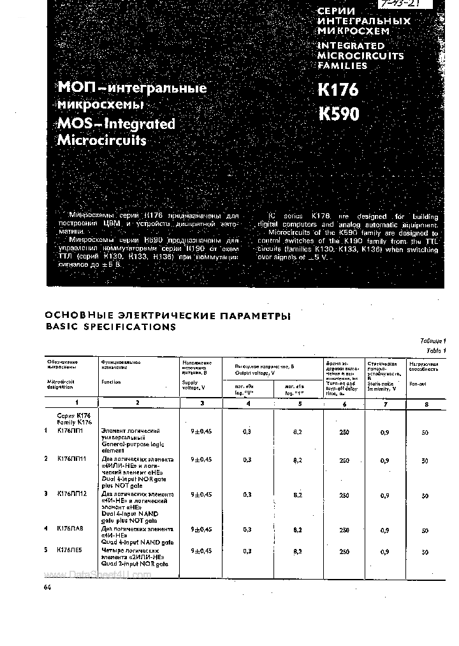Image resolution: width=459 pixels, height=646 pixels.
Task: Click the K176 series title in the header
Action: [338, 90]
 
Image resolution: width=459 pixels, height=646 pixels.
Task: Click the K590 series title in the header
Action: [339, 114]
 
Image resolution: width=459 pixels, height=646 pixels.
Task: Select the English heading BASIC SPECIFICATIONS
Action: [111, 327]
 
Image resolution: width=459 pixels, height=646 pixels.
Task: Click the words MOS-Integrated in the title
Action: [116, 123]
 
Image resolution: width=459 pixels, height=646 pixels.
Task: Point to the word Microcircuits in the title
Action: [102, 140]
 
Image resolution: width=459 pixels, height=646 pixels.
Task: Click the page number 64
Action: [47, 587]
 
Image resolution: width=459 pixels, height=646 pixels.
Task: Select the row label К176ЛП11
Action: [72, 459]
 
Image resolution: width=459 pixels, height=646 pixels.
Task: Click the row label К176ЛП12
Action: [72, 494]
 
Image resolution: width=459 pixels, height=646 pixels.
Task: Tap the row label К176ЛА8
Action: [71, 529]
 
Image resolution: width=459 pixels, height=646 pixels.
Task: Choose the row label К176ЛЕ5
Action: [71, 550]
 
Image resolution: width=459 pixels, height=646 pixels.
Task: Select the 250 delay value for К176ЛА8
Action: [344, 530]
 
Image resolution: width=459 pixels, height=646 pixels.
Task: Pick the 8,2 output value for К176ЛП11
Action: [298, 460]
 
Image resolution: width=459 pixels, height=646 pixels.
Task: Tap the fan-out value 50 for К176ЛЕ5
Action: [425, 552]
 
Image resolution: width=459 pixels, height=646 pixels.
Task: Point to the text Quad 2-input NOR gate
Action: [135, 564]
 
